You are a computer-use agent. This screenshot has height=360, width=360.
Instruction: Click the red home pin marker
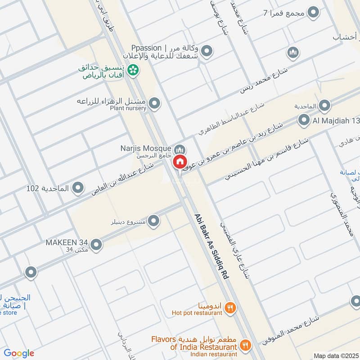(x=180, y=161)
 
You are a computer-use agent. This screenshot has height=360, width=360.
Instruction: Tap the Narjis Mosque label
(x=145, y=148)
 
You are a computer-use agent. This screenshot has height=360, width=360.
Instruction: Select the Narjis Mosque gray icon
(x=180, y=148)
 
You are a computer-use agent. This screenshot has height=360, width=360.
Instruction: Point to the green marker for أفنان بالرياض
(x=132, y=69)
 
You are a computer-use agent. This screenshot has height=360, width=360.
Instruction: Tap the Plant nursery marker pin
(x=155, y=104)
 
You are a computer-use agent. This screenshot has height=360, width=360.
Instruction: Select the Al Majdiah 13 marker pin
(x=304, y=120)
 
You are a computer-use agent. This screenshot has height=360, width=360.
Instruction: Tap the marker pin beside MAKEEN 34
(x=96, y=245)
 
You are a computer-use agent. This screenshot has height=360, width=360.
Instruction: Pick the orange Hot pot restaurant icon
(x=230, y=308)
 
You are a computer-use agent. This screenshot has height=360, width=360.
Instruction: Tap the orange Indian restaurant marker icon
(x=245, y=345)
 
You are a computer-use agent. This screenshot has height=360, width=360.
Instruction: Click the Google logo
(x=19, y=353)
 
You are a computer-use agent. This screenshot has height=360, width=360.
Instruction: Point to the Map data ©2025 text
(x=335, y=355)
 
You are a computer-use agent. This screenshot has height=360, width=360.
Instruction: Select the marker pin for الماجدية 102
(x=78, y=188)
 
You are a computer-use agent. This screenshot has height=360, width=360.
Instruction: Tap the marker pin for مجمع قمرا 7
(x=313, y=12)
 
